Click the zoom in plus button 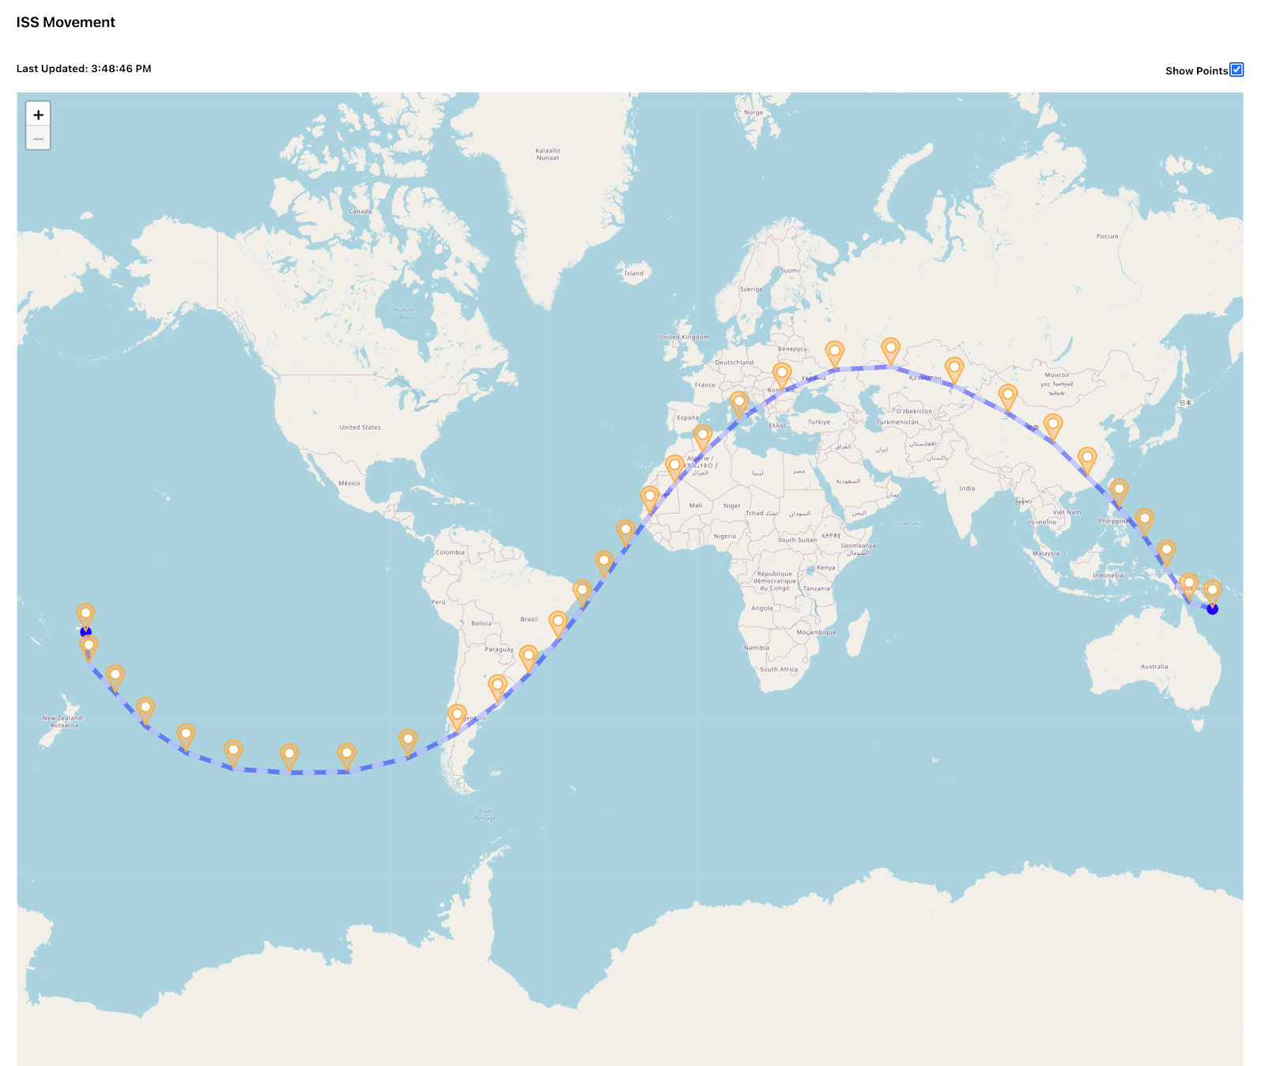pyautogui.click(x=38, y=115)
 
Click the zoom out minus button pyautogui.click(x=38, y=138)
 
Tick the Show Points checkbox pyautogui.click(x=1237, y=70)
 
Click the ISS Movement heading pyautogui.click(x=66, y=22)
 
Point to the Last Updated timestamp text pyautogui.click(x=84, y=69)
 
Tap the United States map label pyautogui.click(x=360, y=428)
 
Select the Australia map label pyautogui.click(x=1154, y=666)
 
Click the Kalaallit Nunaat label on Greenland pyautogui.click(x=547, y=154)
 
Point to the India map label pyautogui.click(x=966, y=488)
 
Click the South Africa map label pyautogui.click(x=779, y=669)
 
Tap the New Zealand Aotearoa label pyautogui.click(x=62, y=721)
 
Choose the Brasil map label pyautogui.click(x=529, y=620)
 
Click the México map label pyautogui.click(x=349, y=483)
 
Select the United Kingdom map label pyautogui.click(x=684, y=337)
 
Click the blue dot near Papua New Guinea pyautogui.click(x=1213, y=609)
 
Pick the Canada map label pyautogui.click(x=360, y=211)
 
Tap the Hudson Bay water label pyautogui.click(x=404, y=313)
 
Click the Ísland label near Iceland pyautogui.click(x=634, y=273)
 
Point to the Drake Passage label pyautogui.click(x=485, y=815)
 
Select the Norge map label pyautogui.click(x=753, y=112)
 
